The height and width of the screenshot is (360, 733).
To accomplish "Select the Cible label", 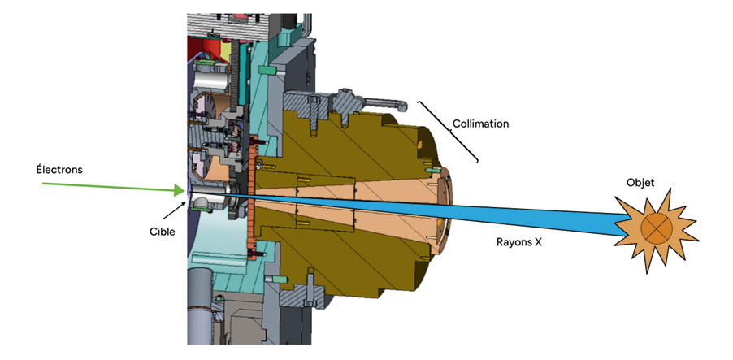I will [163, 231].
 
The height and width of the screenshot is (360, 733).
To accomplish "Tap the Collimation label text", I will [480, 124].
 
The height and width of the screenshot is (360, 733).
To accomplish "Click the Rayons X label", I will [518, 241].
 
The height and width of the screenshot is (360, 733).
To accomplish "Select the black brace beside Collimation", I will [449, 130].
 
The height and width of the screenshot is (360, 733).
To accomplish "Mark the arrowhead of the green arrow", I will [179, 191].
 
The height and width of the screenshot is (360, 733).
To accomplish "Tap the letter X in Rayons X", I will [537, 241].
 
